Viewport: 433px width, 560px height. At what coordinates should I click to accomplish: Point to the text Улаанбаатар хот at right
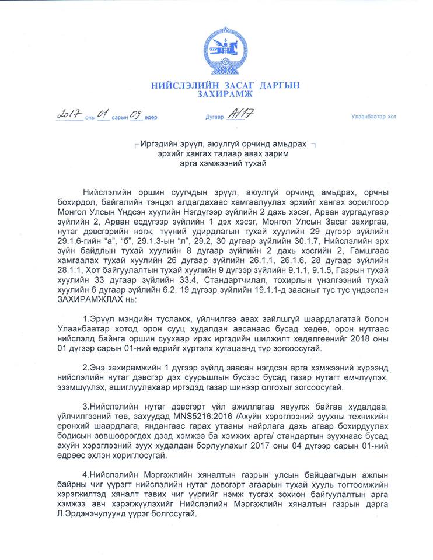pyautogui.click(x=373, y=117)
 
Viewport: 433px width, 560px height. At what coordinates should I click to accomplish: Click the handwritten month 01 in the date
pyautogui.click(x=104, y=114)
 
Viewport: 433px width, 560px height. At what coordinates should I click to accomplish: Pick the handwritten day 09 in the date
pyautogui.click(x=136, y=114)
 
